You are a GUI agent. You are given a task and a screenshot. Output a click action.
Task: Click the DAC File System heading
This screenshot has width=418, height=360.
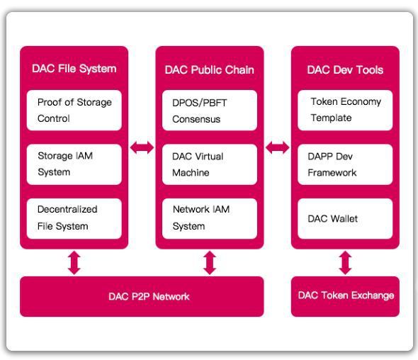(x=74, y=69)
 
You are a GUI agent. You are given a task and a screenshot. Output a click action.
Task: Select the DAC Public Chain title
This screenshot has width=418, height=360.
(x=210, y=70)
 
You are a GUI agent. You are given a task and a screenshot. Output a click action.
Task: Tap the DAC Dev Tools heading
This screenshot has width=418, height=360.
(x=345, y=70)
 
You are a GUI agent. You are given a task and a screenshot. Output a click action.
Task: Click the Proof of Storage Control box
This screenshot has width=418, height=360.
(x=74, y=110)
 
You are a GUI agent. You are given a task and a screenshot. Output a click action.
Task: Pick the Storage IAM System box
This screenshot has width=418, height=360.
(x=74, y=164)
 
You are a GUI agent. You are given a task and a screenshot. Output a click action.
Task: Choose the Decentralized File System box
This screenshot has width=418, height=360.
(x=74, y=218)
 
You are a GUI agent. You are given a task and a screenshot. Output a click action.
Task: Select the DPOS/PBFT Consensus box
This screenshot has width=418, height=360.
(x=210, y=110)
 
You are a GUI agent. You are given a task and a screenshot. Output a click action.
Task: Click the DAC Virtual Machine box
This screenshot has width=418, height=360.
(x=210, y=164)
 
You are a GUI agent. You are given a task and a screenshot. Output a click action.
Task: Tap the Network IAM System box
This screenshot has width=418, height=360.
(x=210, y=218)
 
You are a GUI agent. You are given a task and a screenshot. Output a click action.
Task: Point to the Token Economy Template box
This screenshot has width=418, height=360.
(x=345, y=110)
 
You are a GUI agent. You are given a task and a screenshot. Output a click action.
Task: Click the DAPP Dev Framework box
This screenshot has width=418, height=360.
(x=345, y=164)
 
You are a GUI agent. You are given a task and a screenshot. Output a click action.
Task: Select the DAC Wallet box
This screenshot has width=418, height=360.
(x=345, y=218)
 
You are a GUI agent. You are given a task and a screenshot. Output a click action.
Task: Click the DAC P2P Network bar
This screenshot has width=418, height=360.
(x=142, y=296)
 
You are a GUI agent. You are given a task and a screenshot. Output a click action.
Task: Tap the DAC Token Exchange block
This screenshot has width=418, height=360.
(x=345, y=296)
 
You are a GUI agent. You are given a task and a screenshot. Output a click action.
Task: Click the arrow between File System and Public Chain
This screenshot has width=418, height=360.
(x=142, y=147)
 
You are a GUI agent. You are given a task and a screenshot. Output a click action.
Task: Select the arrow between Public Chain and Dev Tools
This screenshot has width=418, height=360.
(x=278, y=147)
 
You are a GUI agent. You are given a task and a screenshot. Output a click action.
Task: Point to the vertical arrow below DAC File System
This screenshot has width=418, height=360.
(x=74, y=263)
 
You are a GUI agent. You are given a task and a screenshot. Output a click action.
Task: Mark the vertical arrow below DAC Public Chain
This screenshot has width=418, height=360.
(x=210, y=263)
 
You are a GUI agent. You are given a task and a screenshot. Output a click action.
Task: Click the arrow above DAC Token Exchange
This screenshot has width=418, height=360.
(x=345, y=263)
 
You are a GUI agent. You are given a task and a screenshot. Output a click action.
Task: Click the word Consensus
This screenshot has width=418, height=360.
(x=196, y=119)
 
